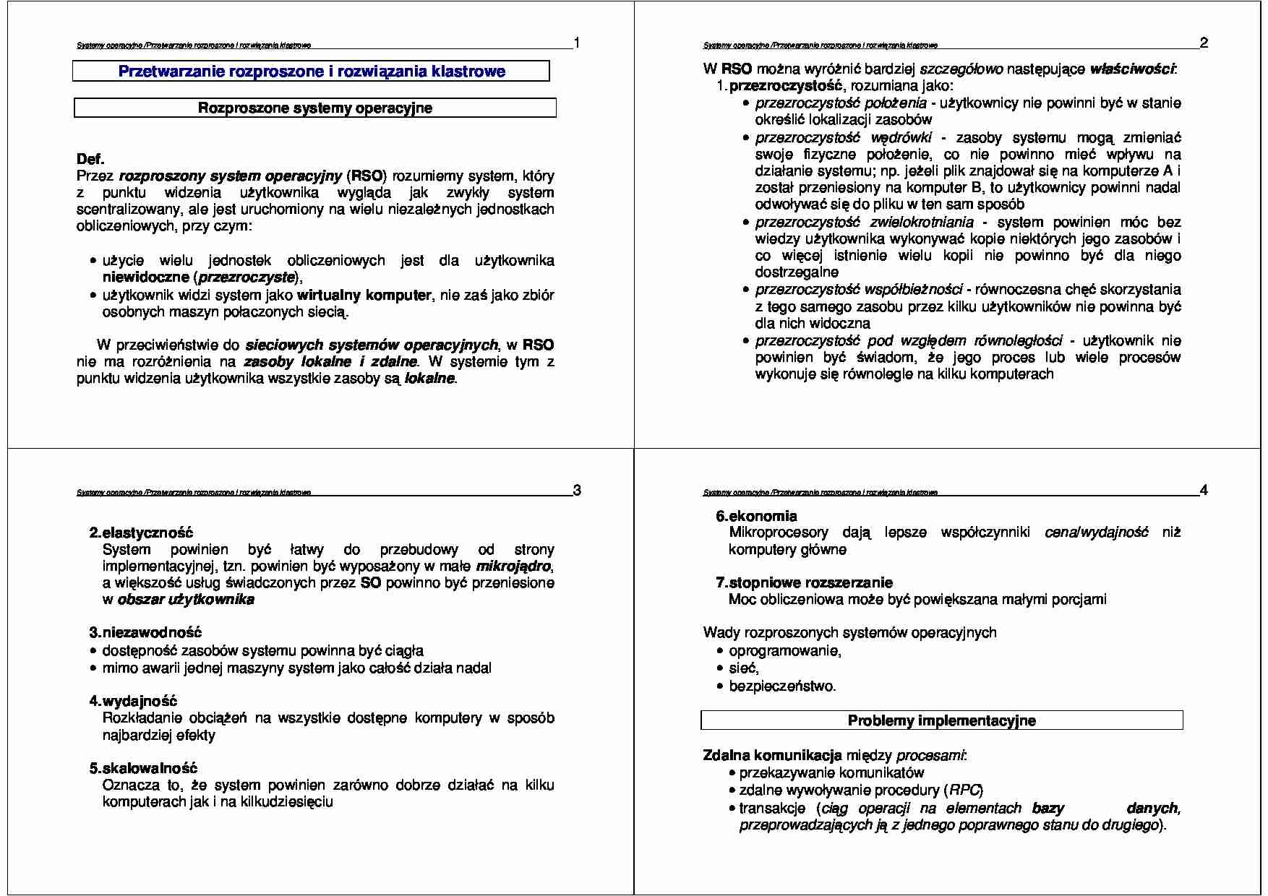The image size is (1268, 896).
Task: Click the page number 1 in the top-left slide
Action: (x=576, y=43)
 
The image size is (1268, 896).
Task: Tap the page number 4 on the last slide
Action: (x=1204, y=491)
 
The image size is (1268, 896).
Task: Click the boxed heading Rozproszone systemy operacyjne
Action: (x=315, y=108)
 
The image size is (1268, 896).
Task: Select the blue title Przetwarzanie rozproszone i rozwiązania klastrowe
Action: (x=312, y=72)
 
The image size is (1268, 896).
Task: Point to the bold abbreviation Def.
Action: (x=90, y=159)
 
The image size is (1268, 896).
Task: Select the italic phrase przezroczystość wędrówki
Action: (x=844, y=138)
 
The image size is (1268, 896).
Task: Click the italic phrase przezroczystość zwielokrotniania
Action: (x=865, y=223)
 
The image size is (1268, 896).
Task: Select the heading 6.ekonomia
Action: (x=756, y=516)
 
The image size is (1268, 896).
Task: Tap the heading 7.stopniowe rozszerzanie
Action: (x=804, y=582)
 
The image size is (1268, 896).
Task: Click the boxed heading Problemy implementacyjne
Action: (x=941, y=720)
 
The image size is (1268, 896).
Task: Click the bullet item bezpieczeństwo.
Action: (x=781, y=686)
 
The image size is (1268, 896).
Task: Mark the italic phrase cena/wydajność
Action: (x=1096, y=533)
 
